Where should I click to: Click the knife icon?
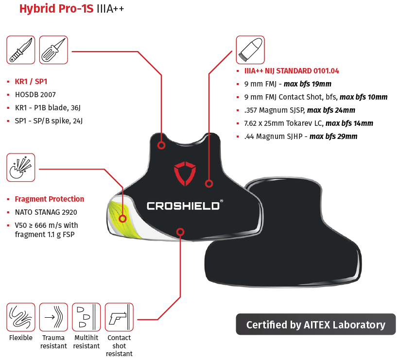[20, 50]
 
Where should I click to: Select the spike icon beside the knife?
[53, 50]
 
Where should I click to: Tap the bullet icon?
[250, 50]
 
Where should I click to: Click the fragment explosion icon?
[20, 168]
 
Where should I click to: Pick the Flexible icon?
[20, 317]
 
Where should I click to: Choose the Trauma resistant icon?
[53, 317]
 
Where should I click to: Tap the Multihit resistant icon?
[86, 317]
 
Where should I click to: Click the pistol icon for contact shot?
[119, 317]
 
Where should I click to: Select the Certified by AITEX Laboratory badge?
[315, 325]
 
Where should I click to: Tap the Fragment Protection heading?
[49, 199]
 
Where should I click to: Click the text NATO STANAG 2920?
[46, 212]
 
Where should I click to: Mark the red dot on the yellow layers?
[122, 219]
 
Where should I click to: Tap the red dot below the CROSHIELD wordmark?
[180, 232]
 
